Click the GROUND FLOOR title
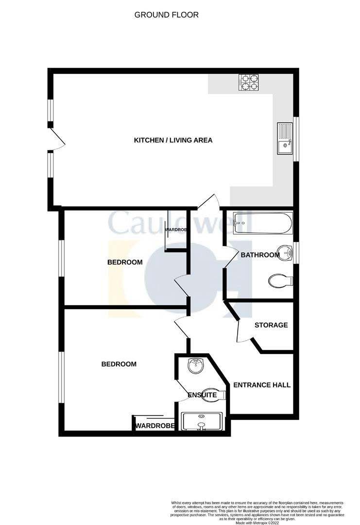click(x=166, y=15)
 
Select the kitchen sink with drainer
click(x=284, y=138)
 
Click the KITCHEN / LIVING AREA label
click(x=173, y=140)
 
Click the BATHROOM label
click(x=260, y=255)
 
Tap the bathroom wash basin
click(x=287, y=253)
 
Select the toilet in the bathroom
click(x=280, y=280)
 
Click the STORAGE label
click(x=271, y=325)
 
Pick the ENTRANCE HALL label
click(x=262, y=385)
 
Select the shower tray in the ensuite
click(x=201, y=421)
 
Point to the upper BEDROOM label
click(x=125, y=262)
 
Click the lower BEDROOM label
click(x=119, y=364)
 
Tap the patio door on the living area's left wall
click(x=58, y=140)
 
